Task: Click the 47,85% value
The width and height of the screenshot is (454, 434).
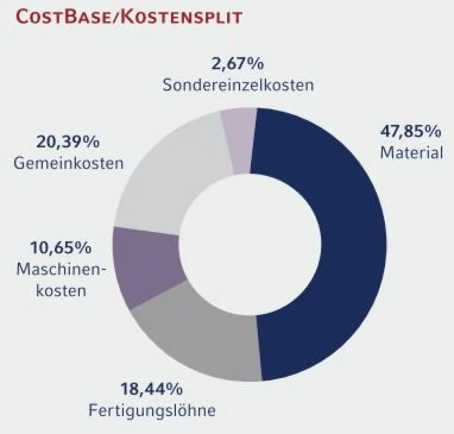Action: tap(411, 131)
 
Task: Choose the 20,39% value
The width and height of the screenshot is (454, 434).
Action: tap(68, 142)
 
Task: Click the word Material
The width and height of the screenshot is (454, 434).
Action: tap(411, 153)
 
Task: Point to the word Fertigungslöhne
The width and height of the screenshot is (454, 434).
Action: tap(152, 411)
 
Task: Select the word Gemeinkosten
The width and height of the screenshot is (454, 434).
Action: tap(68, 163)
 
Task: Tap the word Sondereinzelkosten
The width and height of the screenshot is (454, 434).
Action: tap(238, 85)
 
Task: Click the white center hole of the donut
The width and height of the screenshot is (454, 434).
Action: tap(251, 244)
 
